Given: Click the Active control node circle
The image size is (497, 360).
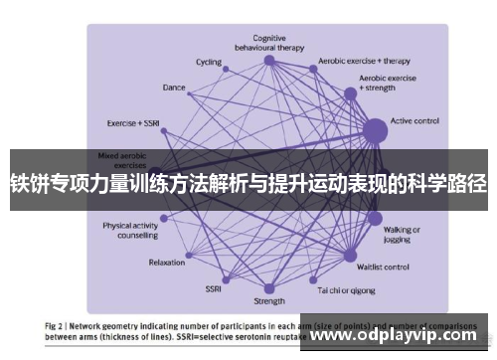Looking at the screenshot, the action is [375, 129].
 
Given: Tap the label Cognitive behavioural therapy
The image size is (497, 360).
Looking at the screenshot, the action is [268, 42].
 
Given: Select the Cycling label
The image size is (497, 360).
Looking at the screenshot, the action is [209, 62].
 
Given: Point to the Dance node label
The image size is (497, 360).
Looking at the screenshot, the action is [174, 88].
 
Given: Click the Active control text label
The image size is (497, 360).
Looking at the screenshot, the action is [415, 121].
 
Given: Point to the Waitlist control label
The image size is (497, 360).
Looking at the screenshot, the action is [383, 267].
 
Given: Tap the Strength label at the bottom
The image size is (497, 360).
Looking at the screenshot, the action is [268, 300].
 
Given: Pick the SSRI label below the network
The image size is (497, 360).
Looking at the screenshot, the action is [213, 288].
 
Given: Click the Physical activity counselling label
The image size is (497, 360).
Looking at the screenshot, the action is [130, 230].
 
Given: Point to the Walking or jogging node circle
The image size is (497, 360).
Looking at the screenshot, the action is [374, 219].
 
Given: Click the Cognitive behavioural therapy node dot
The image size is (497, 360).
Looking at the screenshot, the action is [269, 60].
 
